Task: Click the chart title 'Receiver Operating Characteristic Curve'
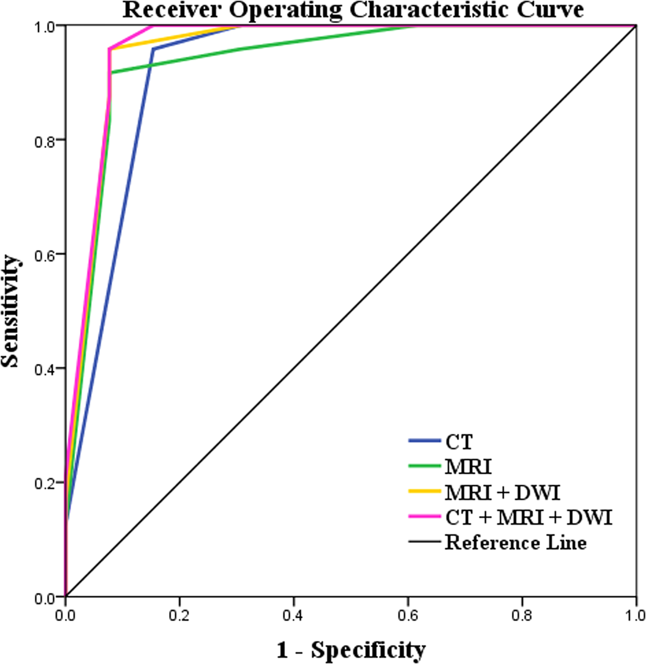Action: click(353, 10)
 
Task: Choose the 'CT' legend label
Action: click(459, 442)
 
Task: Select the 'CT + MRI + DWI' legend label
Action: click(529, 518)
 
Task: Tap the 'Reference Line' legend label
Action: click(516, 542)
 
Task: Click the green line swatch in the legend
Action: click(425, 467)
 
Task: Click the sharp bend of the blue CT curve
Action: click(154, 49)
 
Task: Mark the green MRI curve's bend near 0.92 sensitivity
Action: click(111, 72)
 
